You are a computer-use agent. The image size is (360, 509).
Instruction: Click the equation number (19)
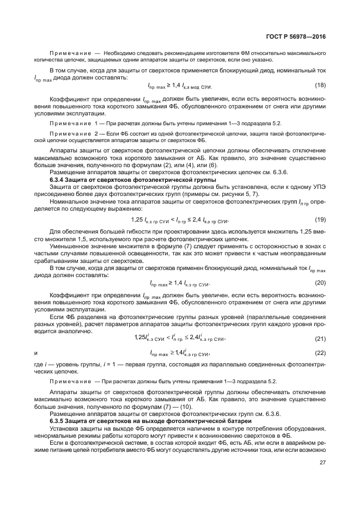point(320,219)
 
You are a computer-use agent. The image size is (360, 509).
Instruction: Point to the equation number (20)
point(320,283)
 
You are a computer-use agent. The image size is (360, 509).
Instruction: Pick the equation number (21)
point(320,339)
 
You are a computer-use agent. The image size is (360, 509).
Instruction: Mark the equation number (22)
point(320,353)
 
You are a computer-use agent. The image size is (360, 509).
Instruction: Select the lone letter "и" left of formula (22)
point(35,354)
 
